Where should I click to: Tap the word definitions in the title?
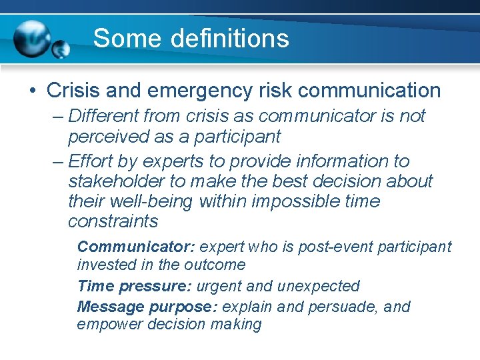(x=229, y=38)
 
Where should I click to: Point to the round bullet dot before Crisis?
(x=34, y=91)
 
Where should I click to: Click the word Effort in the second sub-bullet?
(x=91, y=161)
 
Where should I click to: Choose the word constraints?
(x=113, y=221)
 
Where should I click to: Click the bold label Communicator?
(x=136, y=247)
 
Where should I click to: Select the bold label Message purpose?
(x=148, y=307)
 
